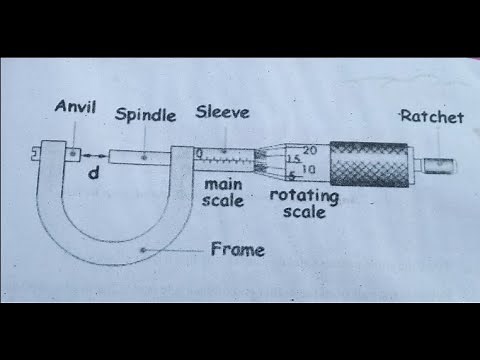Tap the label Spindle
pyautogui.click(x=145, y=114)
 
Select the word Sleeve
pyautogui.click(x=222, y=110)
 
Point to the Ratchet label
pyautogui.click(x=431, y=117)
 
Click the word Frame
pyautogui.click(x=238, y=249)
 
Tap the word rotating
pyautogui.click(x=304, y=195)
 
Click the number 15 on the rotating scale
pyautogui.click(x=294, y=159)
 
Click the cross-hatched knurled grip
pyautogui.click(x=370, y=163)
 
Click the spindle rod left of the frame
pyautogui.click(x=140, y=156)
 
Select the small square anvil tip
pyautogui.click(x=74, y=153)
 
